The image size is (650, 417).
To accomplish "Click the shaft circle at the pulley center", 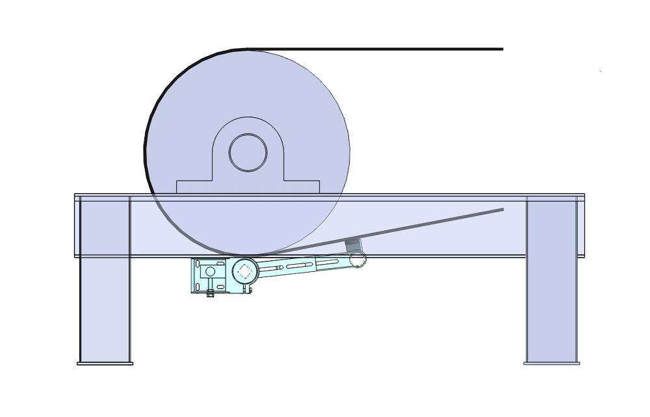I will click(x=248, y=152).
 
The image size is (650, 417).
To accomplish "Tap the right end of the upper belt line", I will click(x=502, y=49).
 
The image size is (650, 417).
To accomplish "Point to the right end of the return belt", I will click(x=502, y=209).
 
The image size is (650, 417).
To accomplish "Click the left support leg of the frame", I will click(x=105, y=306).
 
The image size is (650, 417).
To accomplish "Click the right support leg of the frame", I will click(x=551, y=306).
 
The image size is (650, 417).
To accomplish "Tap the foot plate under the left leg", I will click(x=105, y=363).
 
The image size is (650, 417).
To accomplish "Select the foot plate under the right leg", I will click(x=551, y=363).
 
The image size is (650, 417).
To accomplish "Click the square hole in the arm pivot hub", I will click(x=244, y=271).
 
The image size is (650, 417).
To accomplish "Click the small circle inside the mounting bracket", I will click(x=210, y=271).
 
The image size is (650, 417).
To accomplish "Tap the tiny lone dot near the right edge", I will click(x=600, y=72).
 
